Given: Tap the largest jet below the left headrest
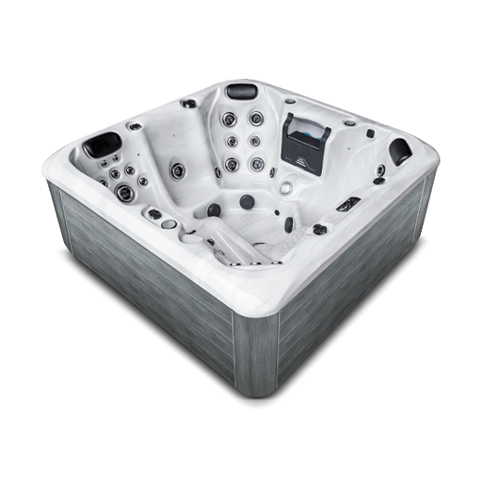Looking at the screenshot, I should click(x=124, y=192).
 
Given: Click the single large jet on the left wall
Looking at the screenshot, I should click(x=175, y=168).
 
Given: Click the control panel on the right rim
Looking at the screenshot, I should click(x=348, y=203).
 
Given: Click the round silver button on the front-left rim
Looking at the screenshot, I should click(x=168, y=223).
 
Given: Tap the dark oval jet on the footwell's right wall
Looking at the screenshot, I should click(x=289, y=224).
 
